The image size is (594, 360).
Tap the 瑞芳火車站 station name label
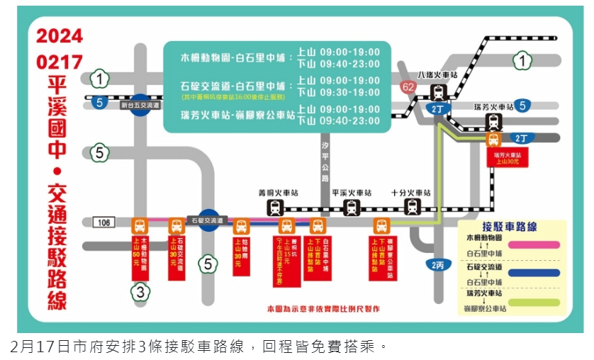494,106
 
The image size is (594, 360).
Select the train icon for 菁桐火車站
276,208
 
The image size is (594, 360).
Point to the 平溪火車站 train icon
352,208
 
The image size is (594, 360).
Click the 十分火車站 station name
411,193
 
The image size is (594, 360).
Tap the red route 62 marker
408,87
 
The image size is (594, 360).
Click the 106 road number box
103,223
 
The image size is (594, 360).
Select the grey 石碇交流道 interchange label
205,220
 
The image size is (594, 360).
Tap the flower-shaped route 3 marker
140,291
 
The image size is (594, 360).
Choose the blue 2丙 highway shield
438,265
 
